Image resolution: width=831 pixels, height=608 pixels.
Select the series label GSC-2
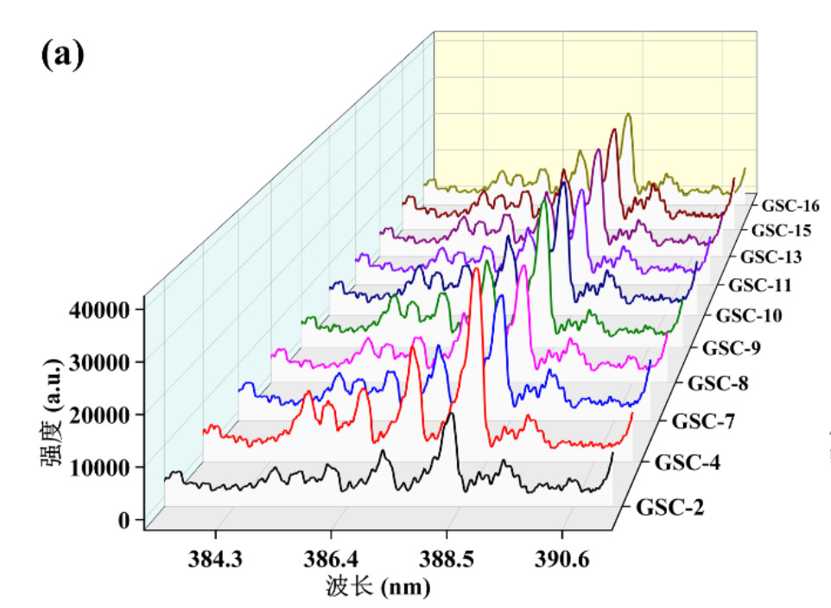click(669, 508)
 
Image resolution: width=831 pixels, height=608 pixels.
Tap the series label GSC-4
click(687, 462)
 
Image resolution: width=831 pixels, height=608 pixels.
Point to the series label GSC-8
click(720, 383)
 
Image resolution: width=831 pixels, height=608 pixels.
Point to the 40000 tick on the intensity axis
click(96, 308)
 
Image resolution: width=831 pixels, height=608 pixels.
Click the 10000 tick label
click(96, 467)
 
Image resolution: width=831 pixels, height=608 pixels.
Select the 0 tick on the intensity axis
click(125, 520)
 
